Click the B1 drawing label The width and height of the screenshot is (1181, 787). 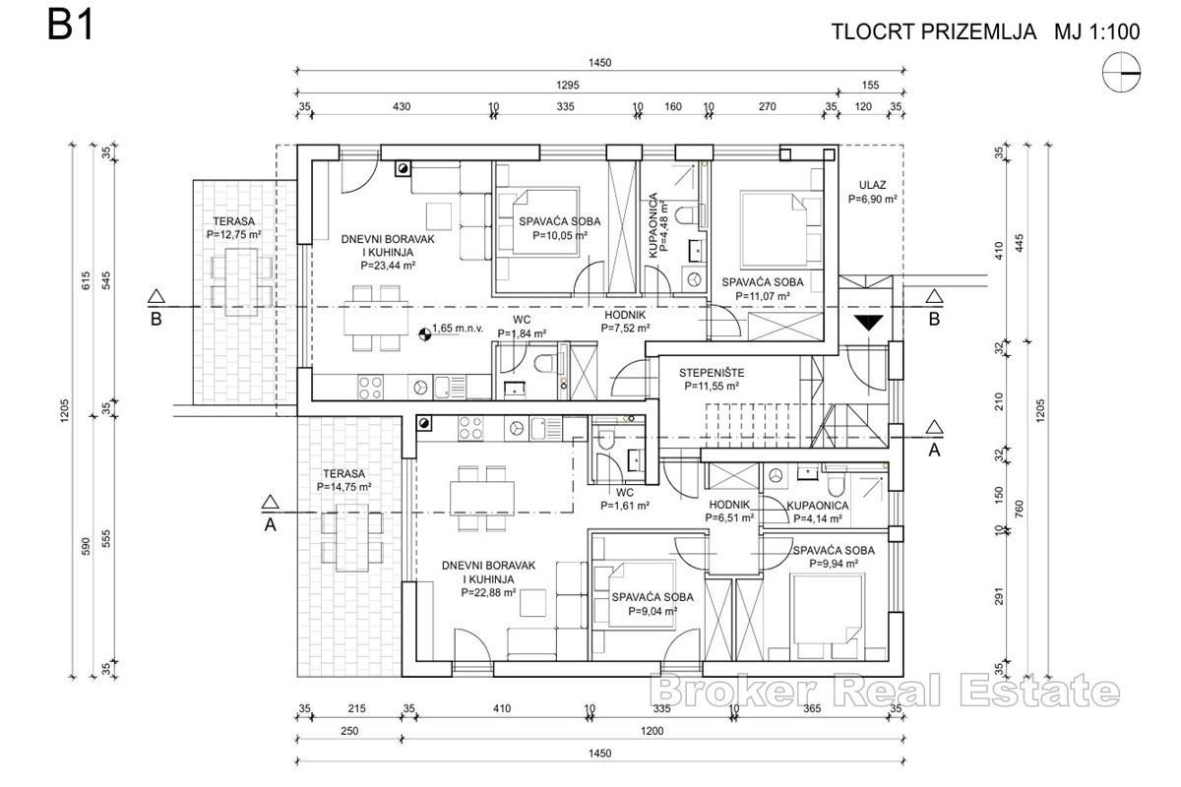70,27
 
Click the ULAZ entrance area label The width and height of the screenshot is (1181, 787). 872,184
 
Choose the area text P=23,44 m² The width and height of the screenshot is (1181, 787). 388,264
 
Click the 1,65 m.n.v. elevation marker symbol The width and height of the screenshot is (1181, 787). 424,334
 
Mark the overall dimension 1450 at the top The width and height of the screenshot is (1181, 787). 599,62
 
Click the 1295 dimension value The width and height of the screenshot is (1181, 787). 568,86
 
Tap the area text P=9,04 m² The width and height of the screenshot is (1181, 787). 652,611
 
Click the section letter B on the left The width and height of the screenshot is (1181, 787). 155,319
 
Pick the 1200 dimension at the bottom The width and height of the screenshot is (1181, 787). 652,731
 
